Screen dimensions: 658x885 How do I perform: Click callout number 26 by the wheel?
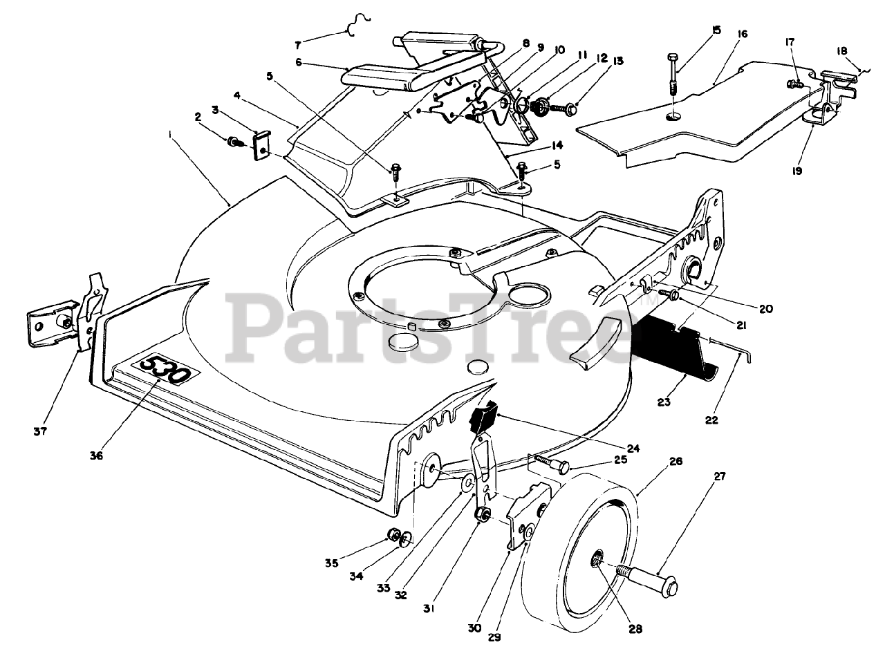tap(676, 461)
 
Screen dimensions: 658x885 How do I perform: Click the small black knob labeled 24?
tap(483, 417)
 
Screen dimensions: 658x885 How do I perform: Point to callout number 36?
tap(96, 455)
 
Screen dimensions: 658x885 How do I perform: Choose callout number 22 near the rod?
tap(712, 420)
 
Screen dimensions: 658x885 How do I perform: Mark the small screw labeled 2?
tap(234, 142)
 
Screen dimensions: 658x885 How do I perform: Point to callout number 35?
tap(332, 563)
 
